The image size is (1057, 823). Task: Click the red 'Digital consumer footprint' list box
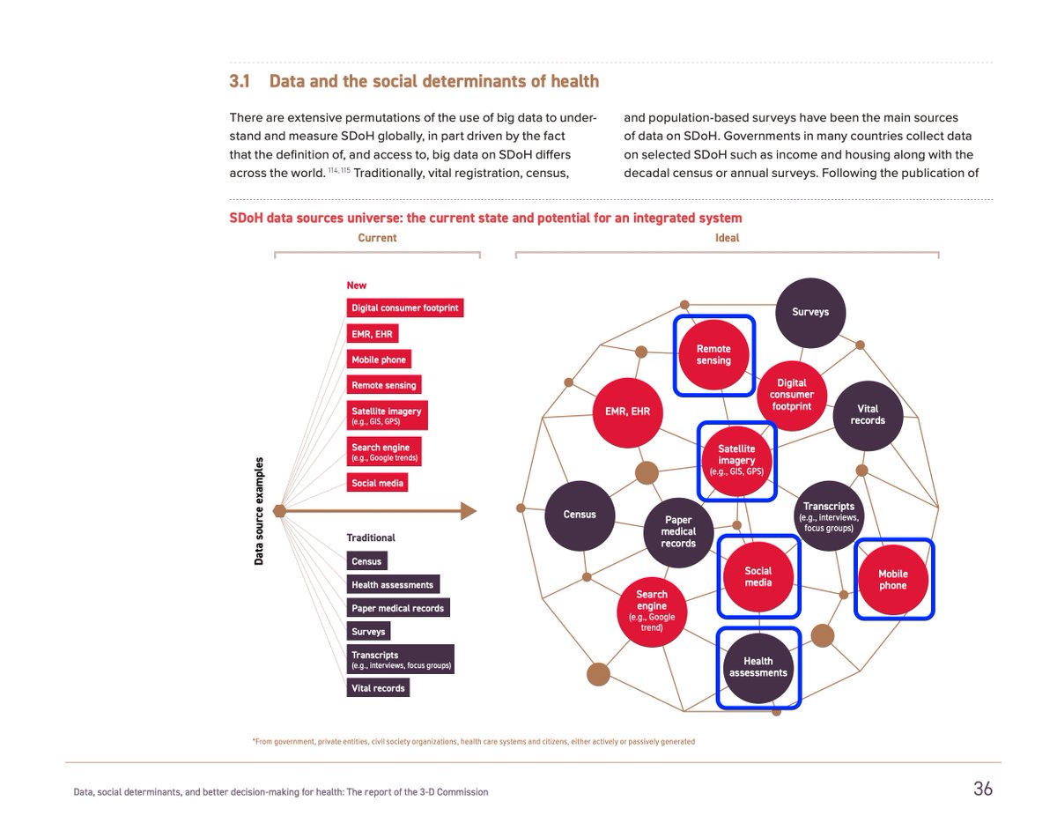pos(404,308)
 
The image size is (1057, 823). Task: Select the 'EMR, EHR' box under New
pos(373,334)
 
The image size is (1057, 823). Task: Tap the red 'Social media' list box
pos(378,483)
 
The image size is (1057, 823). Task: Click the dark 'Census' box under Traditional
pos(366,561)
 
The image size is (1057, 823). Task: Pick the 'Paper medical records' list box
pos(398,608)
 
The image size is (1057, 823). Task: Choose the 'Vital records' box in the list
pos(378,688)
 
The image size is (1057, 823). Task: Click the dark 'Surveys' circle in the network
pos(810,312)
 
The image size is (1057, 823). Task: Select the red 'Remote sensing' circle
pos(713,355)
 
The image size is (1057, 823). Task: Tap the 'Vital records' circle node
pos(868,415)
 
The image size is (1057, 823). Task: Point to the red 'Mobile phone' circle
pos(892,579)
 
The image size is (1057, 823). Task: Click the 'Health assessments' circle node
pos(758,667)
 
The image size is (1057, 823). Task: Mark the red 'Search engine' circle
pos(652,610)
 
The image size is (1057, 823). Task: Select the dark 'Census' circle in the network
pos(580,515)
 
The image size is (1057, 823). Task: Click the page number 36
pos(982,790)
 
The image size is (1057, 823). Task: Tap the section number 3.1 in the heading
pos(240,82)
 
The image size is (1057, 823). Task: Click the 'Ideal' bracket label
pos(727,238)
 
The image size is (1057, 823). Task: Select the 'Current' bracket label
pos(377,238)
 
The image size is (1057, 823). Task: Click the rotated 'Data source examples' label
pos(260,511)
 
